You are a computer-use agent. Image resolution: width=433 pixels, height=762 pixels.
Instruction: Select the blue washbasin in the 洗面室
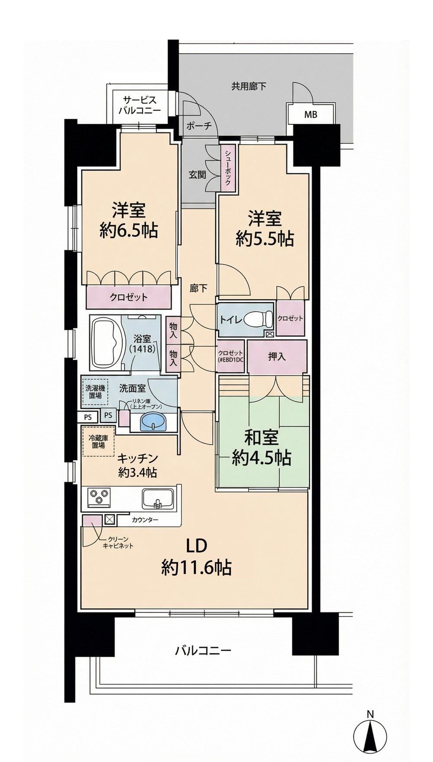[x=154, y=421]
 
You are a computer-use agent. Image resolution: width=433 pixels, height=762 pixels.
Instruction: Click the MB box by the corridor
[x=310, y=115]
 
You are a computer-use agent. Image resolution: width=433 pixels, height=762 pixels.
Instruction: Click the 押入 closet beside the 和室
[x=277, y=357]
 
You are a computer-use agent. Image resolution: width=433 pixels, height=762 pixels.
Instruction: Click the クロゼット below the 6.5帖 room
[x=129, y=297]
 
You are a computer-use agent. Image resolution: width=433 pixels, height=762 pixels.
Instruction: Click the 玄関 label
[x=197, y=175]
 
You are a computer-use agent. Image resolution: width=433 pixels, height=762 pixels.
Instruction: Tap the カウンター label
[x=145, y=520]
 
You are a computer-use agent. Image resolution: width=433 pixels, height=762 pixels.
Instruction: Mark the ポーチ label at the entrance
[x=198, y=126]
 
